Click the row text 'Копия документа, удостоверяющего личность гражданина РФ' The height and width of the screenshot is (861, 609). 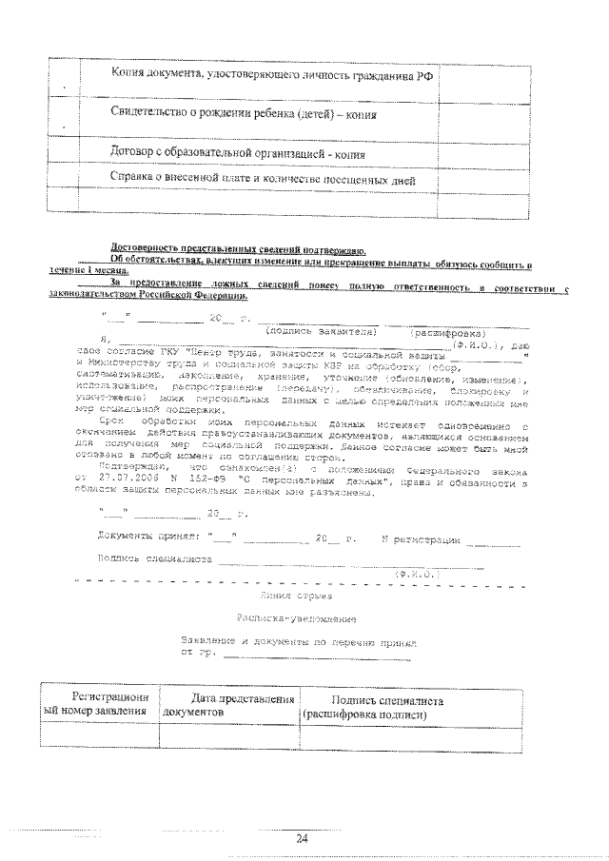pos(259,75)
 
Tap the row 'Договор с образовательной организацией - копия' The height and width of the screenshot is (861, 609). pos(238,152)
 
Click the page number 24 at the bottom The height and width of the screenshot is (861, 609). pos(303,837)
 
